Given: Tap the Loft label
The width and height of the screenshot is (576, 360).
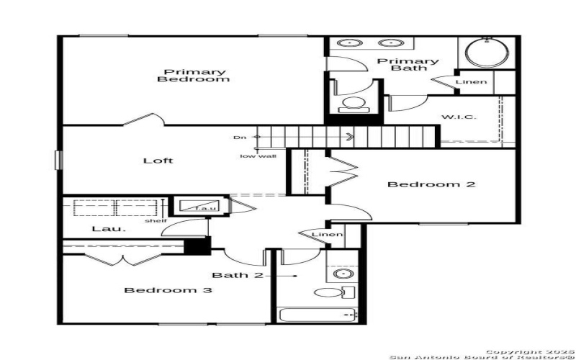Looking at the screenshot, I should point(158,161).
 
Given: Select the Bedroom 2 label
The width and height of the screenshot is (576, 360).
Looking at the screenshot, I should point(431,184).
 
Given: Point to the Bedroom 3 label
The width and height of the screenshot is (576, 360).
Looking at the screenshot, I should point(168,290).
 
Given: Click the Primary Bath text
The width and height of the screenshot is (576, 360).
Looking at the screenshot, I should point(408,65).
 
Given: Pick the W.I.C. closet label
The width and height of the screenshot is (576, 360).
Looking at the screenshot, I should point(458,117).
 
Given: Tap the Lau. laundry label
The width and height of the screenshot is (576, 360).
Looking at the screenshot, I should point(101,229).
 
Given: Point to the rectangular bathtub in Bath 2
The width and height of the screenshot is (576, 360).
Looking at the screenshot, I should point(316,315).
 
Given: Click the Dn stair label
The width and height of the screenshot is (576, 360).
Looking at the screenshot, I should point(240,137).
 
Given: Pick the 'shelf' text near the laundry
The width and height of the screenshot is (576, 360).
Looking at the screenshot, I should point(155,220).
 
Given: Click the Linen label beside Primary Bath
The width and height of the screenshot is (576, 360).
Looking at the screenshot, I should point(472,82).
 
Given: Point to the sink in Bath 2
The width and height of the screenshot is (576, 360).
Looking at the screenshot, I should point(343,274).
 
